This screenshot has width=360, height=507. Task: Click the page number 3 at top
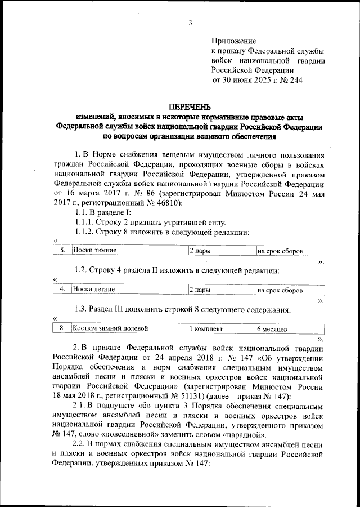click(x=190, y=23)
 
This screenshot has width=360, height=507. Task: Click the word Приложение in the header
click(x=233, y=41)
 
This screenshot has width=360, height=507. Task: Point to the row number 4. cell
click(x=62, y=290)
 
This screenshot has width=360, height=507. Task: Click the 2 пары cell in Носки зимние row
click(x=200, y=251)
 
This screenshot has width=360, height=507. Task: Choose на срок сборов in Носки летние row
click(x=280, y=290)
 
